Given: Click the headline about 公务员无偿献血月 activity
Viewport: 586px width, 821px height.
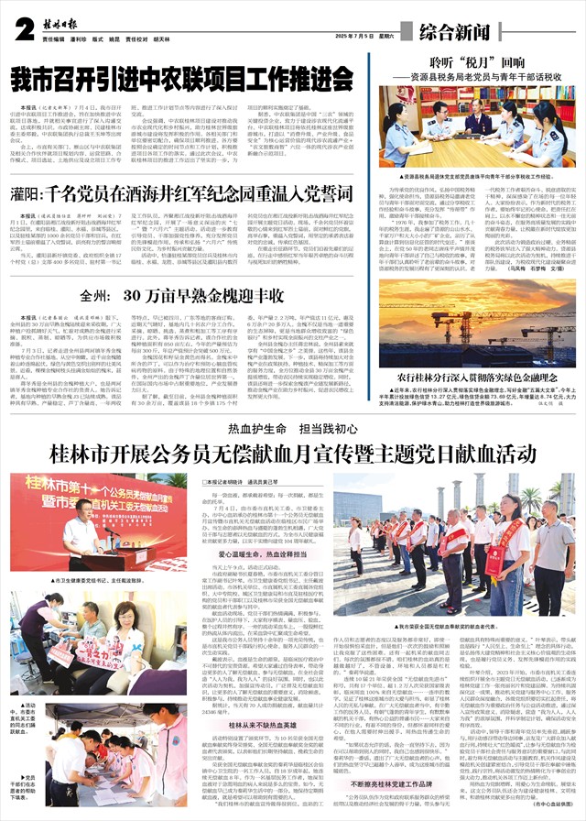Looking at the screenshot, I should [x=292, y=454].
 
